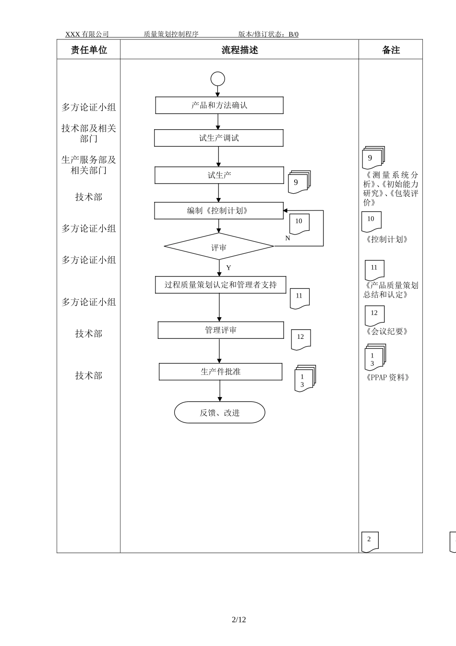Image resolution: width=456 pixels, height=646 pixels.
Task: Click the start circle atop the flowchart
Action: pyautogui.click(x=217, y=79)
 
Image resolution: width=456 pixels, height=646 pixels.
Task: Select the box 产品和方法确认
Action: pyautogui.click(x=219, y=105)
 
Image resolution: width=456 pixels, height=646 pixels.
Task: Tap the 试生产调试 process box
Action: pyautogui.click(x=219, y=138)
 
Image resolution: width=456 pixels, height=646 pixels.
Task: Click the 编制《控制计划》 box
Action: pyautogui.click(x=219, y=211)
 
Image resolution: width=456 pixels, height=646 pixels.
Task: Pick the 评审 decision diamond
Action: pyautogui.click(x=219, y=247)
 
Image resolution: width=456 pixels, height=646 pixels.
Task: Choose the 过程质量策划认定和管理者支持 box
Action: pyautogui.click(x=220, y=285)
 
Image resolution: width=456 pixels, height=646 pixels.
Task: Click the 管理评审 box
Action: pyautogui.click(x=221, y=330)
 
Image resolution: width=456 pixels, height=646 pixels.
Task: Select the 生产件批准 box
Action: pyautogui.click(x=220, y=372)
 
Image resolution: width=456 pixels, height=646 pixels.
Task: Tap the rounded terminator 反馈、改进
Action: pyautogui.click(x=219, y=412)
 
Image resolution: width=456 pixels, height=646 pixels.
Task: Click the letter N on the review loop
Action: pyautogui.click(x=288, y=238)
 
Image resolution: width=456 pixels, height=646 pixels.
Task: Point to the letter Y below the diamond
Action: pyautogui.click(x=228, y=268)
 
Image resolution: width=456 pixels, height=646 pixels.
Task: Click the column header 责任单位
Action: pyautogui.click(x=89, y=50)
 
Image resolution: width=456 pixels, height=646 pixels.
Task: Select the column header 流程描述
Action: pyautogui.click(x=240, y=50)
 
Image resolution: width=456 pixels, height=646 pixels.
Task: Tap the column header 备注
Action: pyautogui.click(x=391, y=50)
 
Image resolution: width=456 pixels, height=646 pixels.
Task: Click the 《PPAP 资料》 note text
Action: pyautogui.click(x=387, y=377)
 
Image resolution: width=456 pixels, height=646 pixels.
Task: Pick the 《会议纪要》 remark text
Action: pyautogui.click(x=387, y=331)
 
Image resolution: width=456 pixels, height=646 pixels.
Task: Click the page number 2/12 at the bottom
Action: pyautogui.click(x=239, y=620)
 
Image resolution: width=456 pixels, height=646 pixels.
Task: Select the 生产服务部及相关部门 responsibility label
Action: pyautogui.click(x=89, y=165)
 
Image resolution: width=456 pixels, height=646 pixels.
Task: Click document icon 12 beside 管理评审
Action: pyautogui.click(x=301, y=338)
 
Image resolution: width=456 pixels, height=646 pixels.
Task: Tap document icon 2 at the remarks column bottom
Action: pyautogui.click(x=370, y=541)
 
